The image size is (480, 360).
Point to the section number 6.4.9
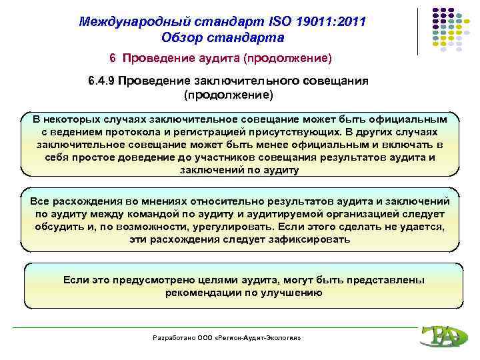tap(103, 81)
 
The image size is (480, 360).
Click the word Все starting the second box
tap(41, 201)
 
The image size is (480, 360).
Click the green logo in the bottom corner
tap(439, 337)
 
